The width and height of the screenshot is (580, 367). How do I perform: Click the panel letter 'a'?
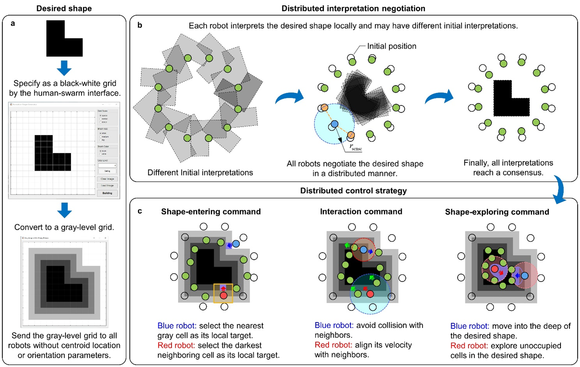[13, 23]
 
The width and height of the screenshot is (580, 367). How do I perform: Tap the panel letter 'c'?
[140, 211]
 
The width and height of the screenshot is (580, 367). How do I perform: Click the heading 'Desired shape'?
[64, 8]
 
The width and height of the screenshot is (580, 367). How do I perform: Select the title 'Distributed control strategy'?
[353, 191]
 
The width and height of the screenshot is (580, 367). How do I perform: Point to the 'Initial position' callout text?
[391, 46]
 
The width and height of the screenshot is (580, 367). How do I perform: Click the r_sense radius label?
[355, 147]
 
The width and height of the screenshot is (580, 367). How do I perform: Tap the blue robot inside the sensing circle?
[334, 124]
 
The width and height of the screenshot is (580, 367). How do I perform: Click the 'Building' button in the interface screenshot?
[107, 193]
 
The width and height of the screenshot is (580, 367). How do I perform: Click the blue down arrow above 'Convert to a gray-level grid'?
[64, 210]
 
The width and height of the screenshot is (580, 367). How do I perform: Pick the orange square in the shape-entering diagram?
[223, 293]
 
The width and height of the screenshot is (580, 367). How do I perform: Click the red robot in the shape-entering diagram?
[223, 296]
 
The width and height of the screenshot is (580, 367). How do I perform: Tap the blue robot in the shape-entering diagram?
[236, 244]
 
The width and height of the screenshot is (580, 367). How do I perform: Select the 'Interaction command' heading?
[361, 211]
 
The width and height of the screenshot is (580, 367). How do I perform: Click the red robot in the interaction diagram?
[370, 294]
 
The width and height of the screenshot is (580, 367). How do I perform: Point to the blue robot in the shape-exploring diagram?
[524, 275]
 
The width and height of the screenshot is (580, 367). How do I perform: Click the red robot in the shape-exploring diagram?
[494, 269]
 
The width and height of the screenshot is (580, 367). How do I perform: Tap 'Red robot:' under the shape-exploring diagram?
[469, 346]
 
